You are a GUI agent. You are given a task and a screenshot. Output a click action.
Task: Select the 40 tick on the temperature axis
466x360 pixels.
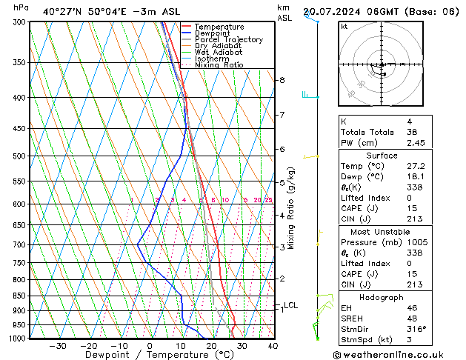[x=273, y=346]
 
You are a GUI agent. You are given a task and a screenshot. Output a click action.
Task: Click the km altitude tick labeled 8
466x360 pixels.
[x=282, y=80]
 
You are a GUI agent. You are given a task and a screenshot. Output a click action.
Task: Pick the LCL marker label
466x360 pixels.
[x=290, y=305]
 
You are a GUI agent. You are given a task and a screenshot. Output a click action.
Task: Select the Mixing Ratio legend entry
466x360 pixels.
[x=219, y=65]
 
